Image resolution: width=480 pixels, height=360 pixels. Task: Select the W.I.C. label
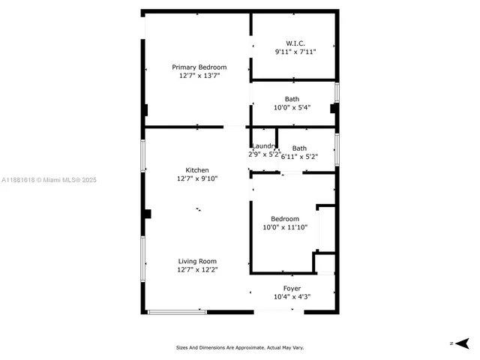coord(295,43)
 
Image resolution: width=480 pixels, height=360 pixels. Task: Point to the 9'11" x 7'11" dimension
coord(295,52)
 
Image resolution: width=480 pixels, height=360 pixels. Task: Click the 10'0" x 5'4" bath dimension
coord(292,108)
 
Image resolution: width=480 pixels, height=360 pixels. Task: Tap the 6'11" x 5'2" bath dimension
coord(300,157)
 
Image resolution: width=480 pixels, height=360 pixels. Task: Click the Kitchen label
coord(197,170)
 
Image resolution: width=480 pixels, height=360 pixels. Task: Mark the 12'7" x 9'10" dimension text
coord(197,178)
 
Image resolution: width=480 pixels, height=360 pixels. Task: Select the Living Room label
coord(197,261)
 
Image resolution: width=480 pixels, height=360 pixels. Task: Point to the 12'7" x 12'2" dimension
coord(197,269)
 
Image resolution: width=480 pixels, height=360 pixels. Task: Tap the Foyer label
coord(292,289)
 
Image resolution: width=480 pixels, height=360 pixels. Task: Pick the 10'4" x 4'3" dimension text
coord(292,297)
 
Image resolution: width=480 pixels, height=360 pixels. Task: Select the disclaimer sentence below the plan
coord(240,347)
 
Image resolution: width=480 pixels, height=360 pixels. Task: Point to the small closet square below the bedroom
coord(325,263)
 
